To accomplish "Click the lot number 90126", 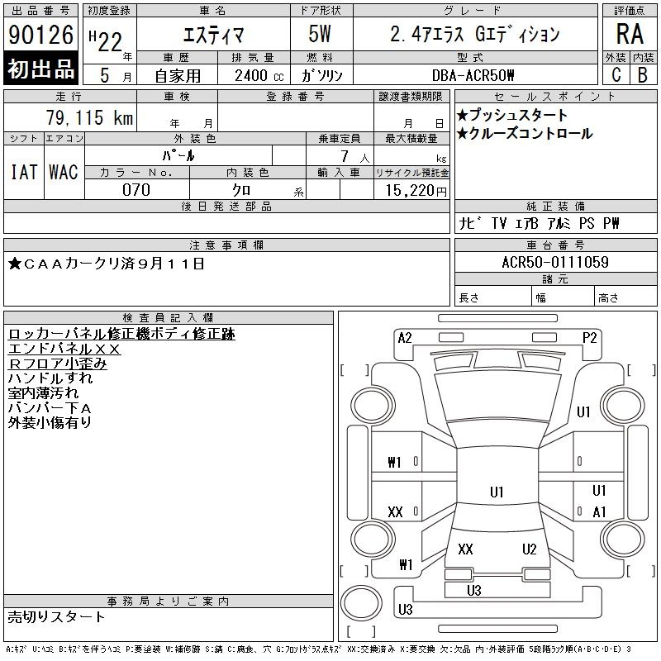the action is coord(40,35).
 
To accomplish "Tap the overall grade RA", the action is coord(630,34).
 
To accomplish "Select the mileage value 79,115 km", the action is coord(89,117).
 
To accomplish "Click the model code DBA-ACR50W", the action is coord(473,75).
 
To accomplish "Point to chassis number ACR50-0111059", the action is coord(555,262).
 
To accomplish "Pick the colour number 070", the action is coord(136,190).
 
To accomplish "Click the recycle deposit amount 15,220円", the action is coord(416,191).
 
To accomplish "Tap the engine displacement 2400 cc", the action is coord(259,76).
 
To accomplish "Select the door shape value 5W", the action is coord(320,34).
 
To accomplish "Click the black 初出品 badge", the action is coord(40,69).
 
